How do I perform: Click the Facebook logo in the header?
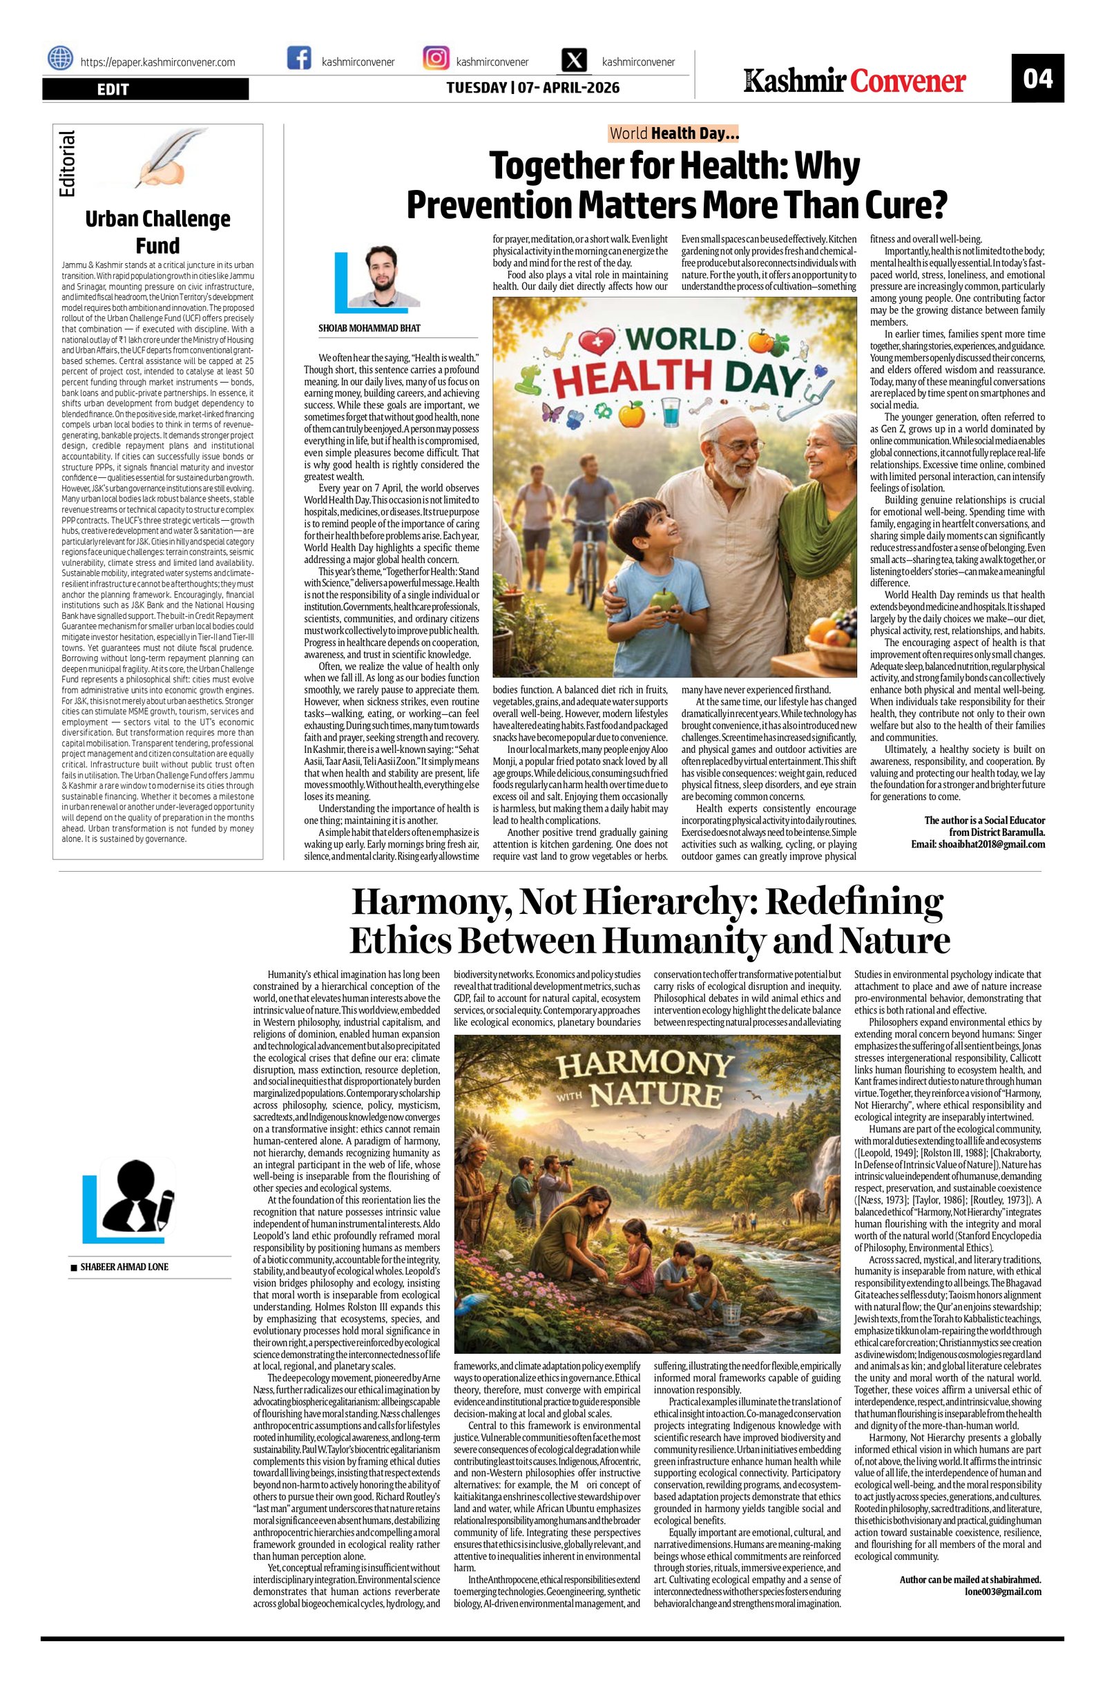coord(299,58)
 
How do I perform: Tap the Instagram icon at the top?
coord(436,58)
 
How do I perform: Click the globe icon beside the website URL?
coord(60,58)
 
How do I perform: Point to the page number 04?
coord(1037,78)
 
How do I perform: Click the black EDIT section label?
coord(146,89)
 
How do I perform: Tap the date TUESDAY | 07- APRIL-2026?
coord(532,88)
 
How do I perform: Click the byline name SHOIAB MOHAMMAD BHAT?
coord(369,329)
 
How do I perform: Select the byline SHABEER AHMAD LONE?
coord(124,1266)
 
